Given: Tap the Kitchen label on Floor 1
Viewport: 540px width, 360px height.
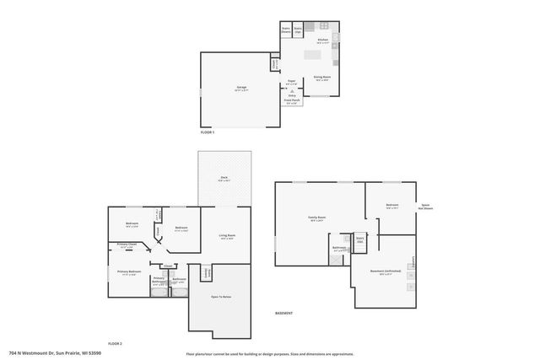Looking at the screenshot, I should click(x=321, y=39).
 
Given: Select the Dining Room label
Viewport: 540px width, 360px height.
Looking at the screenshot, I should click(x=321, y=78).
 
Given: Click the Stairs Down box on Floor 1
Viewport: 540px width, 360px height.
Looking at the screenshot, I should click(x=286, y=30).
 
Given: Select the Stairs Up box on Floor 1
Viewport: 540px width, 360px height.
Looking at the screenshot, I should click(x=297, y=30).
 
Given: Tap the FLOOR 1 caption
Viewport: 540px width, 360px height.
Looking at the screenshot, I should click(x=207, y=132).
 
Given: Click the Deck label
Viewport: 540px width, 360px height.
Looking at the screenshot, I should click(x=224, y=178).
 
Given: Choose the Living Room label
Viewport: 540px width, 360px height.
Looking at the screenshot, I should click(x=226, y=236).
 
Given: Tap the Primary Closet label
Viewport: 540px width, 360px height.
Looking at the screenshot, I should click(x=128, y=246).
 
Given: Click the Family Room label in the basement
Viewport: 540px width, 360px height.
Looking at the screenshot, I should click(x=316, y=218).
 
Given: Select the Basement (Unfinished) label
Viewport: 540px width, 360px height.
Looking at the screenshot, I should click(x=385, y=272).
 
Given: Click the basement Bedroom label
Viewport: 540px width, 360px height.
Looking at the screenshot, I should click(x=391, y=205).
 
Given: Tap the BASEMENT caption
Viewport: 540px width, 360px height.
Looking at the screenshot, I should click(x=284, y=313).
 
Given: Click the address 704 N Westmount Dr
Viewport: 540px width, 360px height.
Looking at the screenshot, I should click(x=44, y=352).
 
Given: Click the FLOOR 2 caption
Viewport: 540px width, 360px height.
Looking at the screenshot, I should click(x=114, y=343).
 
